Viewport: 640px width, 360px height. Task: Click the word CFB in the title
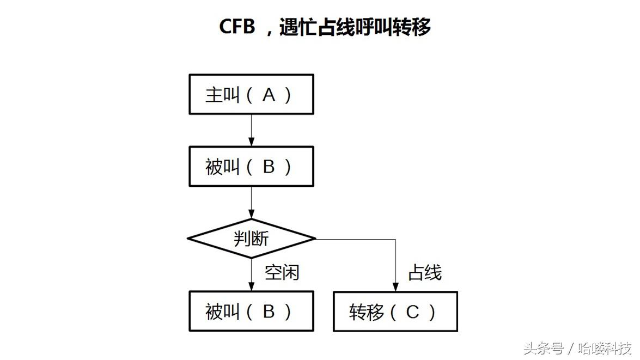tap(237, 26)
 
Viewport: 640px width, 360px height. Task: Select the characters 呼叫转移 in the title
tap(388, 27)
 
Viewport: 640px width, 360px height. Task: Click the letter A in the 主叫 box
tap(269, 95)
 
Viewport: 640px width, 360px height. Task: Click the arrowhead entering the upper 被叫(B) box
tap(251, 142)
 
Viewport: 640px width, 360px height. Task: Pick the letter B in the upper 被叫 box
tap(269, 167)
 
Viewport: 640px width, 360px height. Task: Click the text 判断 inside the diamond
tap(251, 239)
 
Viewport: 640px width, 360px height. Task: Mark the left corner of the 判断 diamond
tap(188, 239)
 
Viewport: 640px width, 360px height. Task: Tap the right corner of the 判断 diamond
tap(315, 239)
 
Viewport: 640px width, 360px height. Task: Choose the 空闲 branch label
tap(282, 272)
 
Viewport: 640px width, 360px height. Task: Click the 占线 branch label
tap(424, 272)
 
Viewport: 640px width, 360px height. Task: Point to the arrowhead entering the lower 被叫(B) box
tap(251, 286)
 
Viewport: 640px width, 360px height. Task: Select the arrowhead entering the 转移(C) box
tap(395, 286)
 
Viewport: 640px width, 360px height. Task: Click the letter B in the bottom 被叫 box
tap(269, 312)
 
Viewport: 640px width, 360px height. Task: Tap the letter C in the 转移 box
tap(413, 312)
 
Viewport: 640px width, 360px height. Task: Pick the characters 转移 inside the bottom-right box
tap(367, 312)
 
